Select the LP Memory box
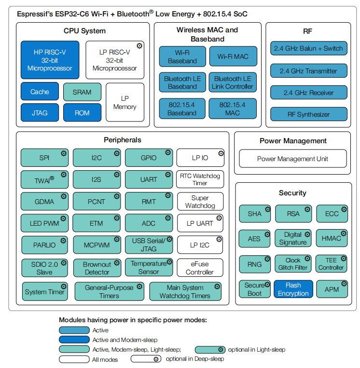click(x=125, y=102)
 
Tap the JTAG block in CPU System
click(x=40, y=113)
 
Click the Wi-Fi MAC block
click(x=233, y=56)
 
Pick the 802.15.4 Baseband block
click(x=182, y=109)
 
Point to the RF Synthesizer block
click(x=308, y=114)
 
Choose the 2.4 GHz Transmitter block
click(x=308, y=71)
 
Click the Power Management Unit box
click(x=292, y=159)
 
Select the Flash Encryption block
click(x=293, y=289)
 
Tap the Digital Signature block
click(x=293, y=238)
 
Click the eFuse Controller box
click(x=200, y=268)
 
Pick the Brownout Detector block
click(x=97, y=268)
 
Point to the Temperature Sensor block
click(x=149, y=268)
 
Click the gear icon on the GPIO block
click(x=168, y=153)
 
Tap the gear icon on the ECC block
click(x=344, y=209)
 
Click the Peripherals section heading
click(x=123, y=140)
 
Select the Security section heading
click(x=292, y=193)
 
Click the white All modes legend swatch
click(x=74, y=359)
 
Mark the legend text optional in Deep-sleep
click(x=195, y=359)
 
